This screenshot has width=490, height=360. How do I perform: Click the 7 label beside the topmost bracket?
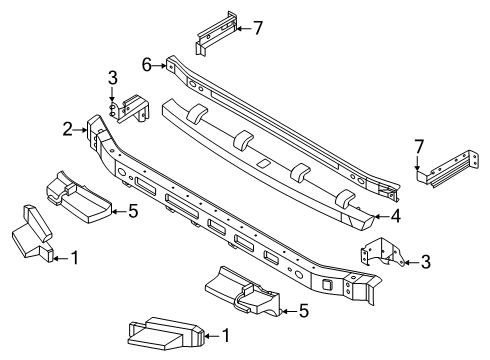click(258, 27)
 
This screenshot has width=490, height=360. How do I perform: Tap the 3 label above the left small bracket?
click(113, 78)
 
